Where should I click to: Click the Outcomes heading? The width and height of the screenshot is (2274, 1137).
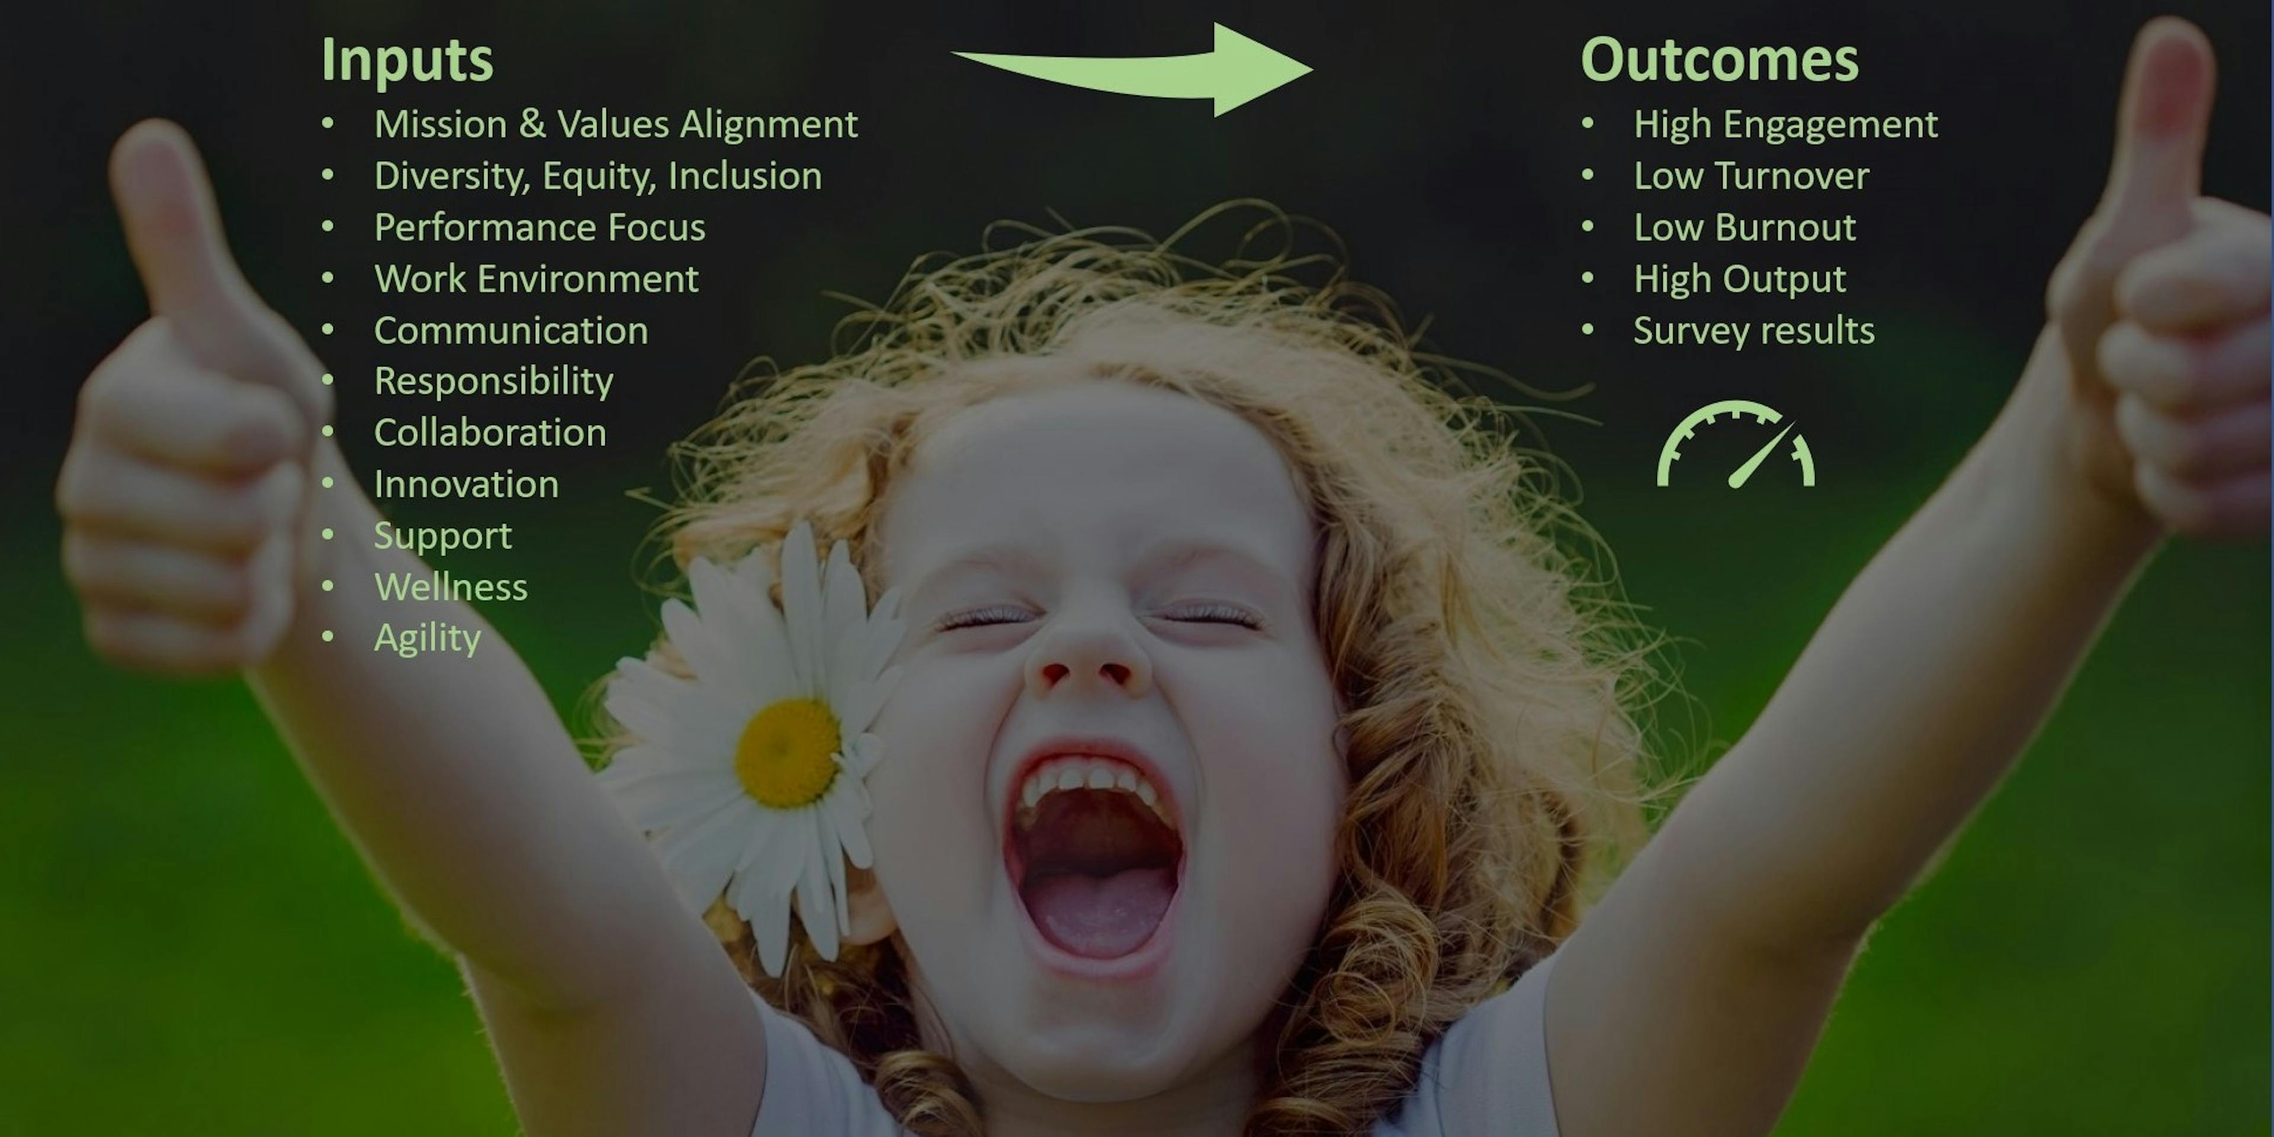(x=1720, y=60)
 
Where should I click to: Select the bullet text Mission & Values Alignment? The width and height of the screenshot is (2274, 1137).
(x=616, y=124)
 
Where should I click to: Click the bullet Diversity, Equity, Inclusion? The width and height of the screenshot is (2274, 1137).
(x=598, y=176)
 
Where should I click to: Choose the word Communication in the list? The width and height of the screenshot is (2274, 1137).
(x=511, y=331)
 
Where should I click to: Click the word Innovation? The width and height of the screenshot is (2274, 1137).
(x=466, y=484)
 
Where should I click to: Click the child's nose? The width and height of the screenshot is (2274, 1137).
(x=1088, y=658)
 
